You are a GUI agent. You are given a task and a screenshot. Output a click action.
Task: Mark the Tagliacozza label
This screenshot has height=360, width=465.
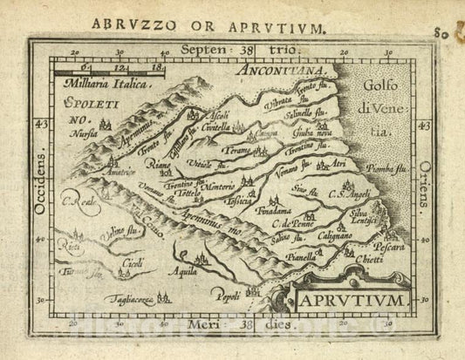coord(130,300)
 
